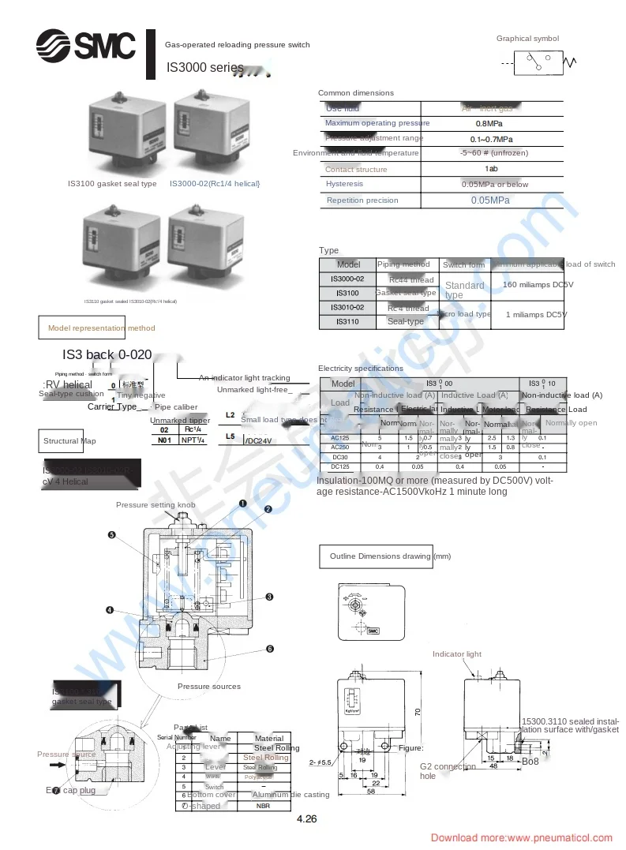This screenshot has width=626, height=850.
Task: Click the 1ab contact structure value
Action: [491, 169]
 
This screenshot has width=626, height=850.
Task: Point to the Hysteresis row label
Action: [344, 184]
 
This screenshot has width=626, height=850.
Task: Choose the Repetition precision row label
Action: [362, 200]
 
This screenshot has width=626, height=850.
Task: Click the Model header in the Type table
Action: [348, 264]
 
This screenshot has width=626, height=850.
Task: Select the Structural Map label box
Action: [69, 441]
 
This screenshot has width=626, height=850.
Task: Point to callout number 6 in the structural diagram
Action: [269, 649]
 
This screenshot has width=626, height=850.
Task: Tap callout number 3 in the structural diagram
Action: [269, 597]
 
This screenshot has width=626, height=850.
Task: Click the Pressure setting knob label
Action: [156, 504]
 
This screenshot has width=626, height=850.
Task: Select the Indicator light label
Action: [456, 654]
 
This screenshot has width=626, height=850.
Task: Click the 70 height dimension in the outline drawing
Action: [418, 713]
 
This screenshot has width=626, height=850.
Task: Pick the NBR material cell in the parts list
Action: [263, 806]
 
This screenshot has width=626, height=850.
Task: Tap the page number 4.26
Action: [307, 819]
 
